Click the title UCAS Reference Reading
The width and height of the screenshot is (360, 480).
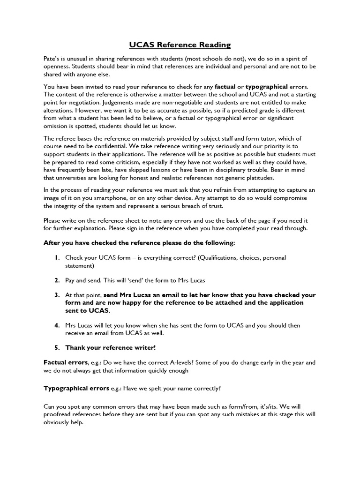point(180,45)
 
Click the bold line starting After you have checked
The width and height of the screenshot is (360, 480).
point(139,243)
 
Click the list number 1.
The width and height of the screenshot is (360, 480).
point(56,258)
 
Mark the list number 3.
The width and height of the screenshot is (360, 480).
point(56,295)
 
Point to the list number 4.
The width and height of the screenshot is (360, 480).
point(56,325)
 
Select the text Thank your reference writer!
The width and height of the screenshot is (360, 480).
point(110,348)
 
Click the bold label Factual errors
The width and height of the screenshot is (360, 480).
point(65,362)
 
